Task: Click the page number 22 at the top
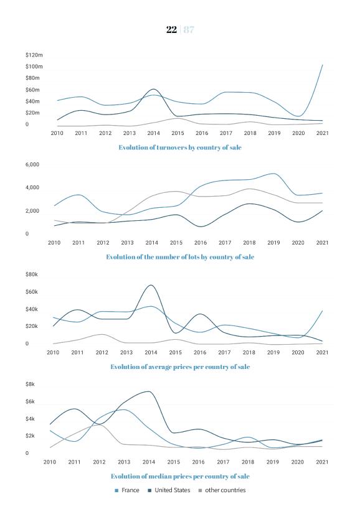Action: coord(171,29)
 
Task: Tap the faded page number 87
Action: coord(189,29)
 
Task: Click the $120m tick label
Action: coord(34,55)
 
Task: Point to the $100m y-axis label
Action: coord(34,67)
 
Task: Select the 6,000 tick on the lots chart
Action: coord(32,164)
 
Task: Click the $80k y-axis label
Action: coord(32,274)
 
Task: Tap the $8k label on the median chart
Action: coord(30,385)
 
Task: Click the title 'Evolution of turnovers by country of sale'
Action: coord(180,147)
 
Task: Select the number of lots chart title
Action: coord(180,257)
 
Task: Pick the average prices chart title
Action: coord(180,367)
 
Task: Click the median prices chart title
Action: coord(180,476)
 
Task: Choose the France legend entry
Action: coord(127,490)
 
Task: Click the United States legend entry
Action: coord(169,490)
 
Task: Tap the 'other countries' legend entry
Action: coord(222,490)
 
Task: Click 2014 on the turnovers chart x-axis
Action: coord(153,133)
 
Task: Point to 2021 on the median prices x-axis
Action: coord(322,462)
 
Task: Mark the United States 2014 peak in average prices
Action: coord(151,285)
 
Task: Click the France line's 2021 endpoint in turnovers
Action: coord(322,65)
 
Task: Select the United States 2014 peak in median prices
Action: coord(148,391)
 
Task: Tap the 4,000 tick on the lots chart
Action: coord(32,188)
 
